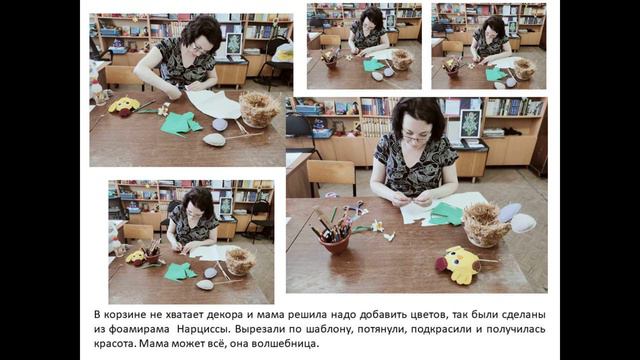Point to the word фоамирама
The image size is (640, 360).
(140, 329)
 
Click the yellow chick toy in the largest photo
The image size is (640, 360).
(458, 264)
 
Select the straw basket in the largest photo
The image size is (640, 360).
(485, 225)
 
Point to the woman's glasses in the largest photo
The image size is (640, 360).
(416, 138)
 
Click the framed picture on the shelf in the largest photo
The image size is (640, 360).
(471, 123)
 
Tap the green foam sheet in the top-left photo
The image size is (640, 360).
(180, 123)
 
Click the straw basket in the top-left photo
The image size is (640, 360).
(259, 109)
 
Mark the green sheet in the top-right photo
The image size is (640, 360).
(496, 74)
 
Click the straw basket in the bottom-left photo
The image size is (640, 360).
(240, 261)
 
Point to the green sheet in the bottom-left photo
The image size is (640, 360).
(180, 271)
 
